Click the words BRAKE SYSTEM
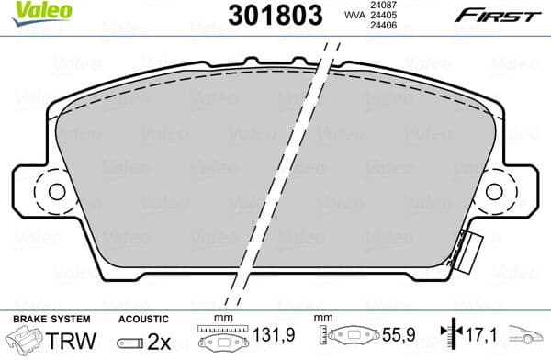click(x=42, y=317)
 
